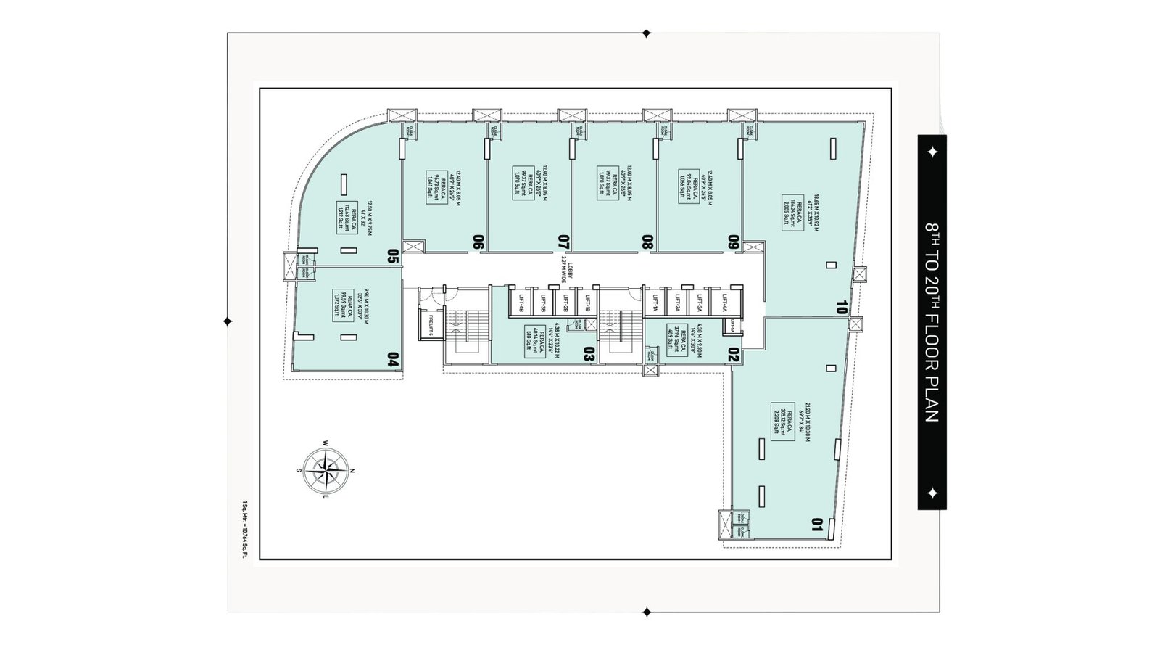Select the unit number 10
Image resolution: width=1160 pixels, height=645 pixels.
coord(841,307)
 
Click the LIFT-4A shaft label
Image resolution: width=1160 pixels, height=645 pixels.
coord(724,302)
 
